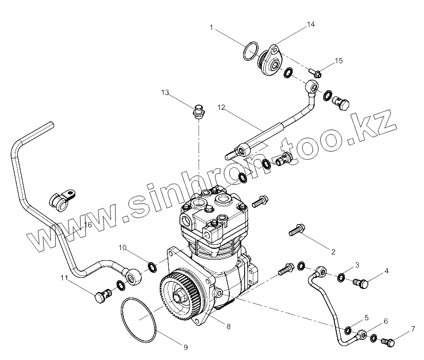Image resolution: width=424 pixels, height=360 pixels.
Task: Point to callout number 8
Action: pos(228,326)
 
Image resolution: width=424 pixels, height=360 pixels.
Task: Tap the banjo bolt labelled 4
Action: pos(361,283)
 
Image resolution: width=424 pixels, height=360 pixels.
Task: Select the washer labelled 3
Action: pos(341,277)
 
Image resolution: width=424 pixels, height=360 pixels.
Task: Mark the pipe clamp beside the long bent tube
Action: pos(61,199)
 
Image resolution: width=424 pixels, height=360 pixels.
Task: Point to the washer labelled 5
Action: pos(347,330)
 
